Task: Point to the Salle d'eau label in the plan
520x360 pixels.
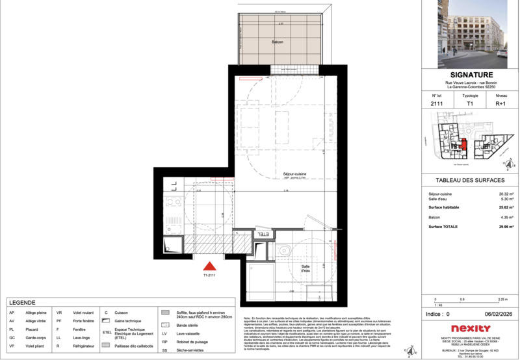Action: pos(305,268)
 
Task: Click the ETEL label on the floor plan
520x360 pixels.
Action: pos(264,234)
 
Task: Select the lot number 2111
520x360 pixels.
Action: pos(436,103)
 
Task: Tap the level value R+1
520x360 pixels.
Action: pos(501,103)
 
